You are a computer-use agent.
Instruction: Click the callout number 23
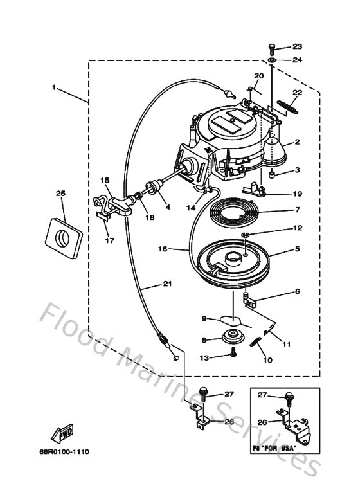(x=297, y=46)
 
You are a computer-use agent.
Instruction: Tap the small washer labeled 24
(x=273, y=60)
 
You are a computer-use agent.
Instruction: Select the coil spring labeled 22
(x=287, y=108)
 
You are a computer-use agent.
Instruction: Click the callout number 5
(x=297, y=248)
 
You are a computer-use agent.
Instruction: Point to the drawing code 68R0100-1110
(x=66, y=452)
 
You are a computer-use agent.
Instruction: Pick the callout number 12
(x=297, y=228)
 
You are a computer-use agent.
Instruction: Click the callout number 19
(x=297, y=193)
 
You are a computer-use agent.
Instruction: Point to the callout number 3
(x=297, y=170)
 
